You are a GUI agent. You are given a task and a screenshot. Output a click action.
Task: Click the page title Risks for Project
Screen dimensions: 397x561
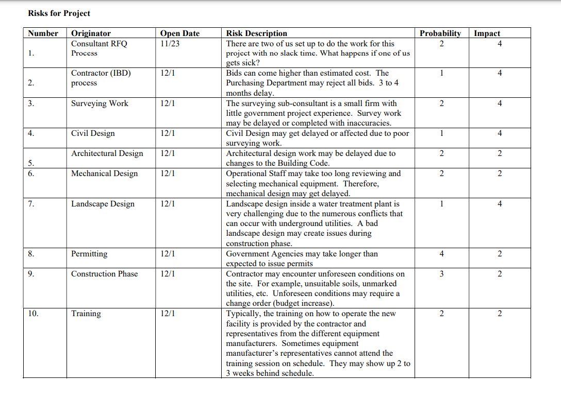point(59,13)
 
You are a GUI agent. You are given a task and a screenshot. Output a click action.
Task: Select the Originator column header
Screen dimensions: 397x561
point(91,33)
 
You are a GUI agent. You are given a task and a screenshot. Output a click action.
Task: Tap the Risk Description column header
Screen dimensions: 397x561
point(256,33)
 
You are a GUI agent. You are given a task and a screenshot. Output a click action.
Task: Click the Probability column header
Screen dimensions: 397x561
point(440,33)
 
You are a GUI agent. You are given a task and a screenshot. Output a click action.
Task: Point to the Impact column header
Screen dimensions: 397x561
point(487,33)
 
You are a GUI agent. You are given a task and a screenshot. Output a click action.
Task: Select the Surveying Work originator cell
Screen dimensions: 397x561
point(100,103)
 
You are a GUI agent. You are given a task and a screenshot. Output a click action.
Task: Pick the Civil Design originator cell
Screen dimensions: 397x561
point(93,133)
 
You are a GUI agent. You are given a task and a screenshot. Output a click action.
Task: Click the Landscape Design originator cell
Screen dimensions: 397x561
point(103,204)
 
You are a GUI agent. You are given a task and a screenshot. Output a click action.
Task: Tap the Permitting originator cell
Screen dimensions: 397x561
point(89,254)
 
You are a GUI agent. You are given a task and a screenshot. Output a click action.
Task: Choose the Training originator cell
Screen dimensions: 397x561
point(86,314)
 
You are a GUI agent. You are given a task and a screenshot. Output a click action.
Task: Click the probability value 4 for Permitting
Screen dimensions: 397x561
point(441,254)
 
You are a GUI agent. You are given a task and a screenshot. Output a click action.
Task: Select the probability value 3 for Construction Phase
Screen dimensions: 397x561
point(441,274)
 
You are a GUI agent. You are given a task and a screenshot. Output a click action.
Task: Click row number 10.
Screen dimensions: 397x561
point(33,314)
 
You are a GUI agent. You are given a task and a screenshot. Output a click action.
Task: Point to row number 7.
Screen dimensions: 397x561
point(31,204)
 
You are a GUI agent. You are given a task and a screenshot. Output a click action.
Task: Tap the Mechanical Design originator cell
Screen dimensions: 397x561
point(104,174)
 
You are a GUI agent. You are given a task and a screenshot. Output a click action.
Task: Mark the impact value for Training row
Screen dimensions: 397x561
point(500,314)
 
